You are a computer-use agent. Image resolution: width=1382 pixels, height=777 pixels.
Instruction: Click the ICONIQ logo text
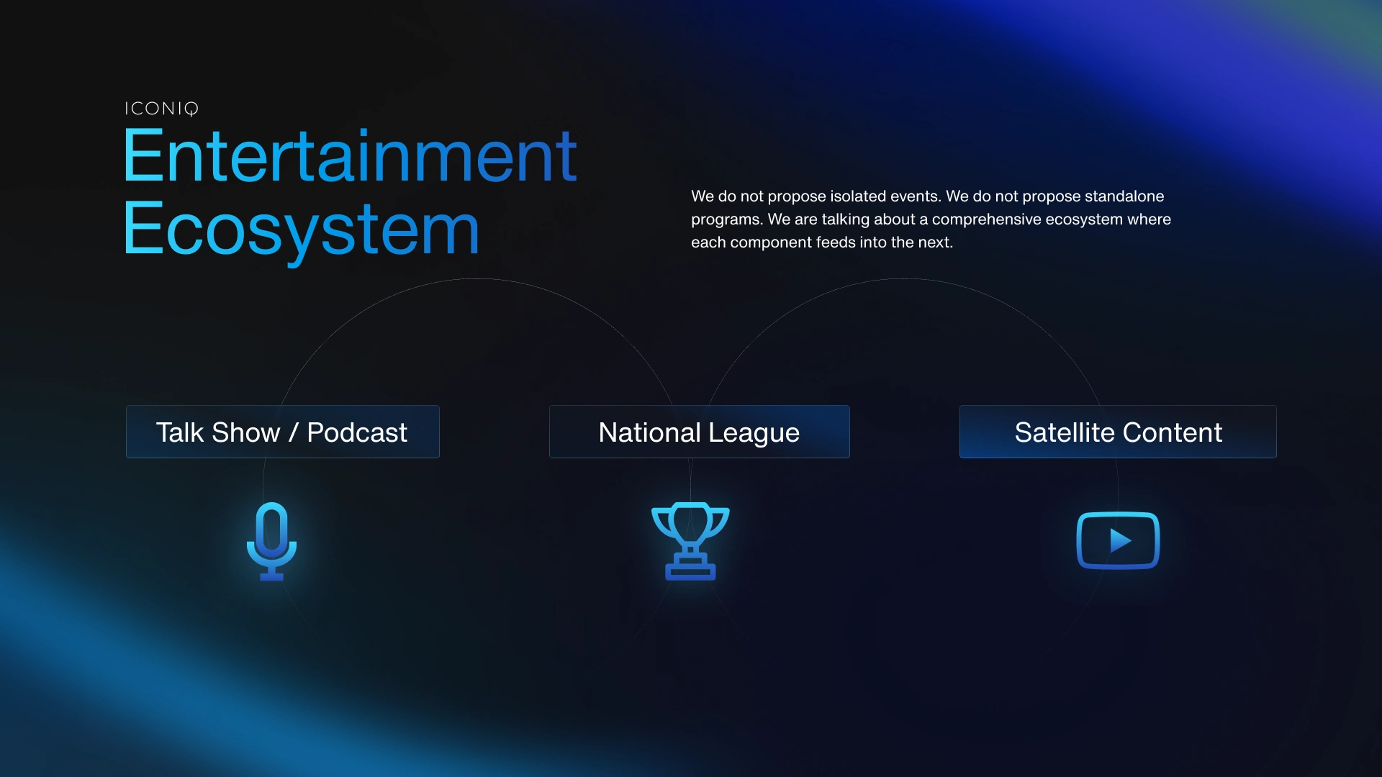click(161, 109)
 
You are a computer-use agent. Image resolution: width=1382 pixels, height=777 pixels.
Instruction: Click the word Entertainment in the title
click(350, 155)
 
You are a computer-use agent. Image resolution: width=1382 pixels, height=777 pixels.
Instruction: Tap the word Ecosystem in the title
click(302, 230)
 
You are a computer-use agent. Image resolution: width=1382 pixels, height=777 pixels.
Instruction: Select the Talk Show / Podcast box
click(283, 432)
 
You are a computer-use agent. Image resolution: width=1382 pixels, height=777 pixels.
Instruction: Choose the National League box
click(700, 432)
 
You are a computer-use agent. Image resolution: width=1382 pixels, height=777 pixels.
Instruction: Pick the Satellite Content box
click(1118, 432)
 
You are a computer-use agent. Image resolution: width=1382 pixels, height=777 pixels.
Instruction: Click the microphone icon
click(271, 541)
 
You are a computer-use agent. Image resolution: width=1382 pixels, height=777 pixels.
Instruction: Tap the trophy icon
click(690, 541)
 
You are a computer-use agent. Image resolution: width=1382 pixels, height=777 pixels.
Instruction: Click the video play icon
click(1118, 540)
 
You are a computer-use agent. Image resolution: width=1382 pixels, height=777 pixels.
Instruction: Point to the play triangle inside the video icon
click(1120, 540)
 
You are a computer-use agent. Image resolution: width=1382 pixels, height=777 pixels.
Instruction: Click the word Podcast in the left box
click(357, 432)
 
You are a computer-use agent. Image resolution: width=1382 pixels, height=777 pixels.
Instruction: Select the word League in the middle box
click(754, 433)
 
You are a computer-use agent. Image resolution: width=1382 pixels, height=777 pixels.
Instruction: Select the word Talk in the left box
click(180, 432)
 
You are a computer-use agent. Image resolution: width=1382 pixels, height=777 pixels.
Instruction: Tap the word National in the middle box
click(649, 432)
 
